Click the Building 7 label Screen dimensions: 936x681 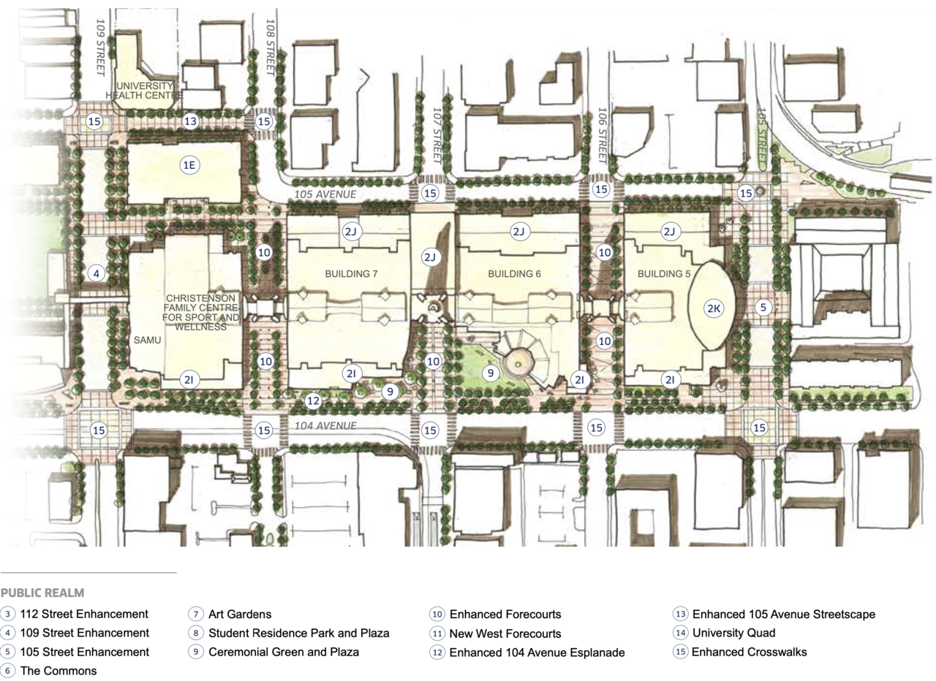pos(351,274)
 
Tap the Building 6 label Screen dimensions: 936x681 pos(514,274)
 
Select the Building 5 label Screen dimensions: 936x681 pos(663,274)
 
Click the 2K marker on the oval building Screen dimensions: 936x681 pos(713,308)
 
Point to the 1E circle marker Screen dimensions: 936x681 pos(189,165)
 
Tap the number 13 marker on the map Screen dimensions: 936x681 pos(190,121)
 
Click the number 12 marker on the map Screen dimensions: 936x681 pos(313,401)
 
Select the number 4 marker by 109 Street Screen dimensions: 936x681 pos(97,274)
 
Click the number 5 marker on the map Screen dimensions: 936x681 pos(763,308)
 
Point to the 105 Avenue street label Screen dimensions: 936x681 pos(325,194)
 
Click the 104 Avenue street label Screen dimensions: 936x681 pos(325,425)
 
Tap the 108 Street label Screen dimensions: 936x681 pos(270,47)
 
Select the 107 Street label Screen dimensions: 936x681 pos(437,135)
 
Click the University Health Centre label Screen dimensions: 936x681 pos(144,91)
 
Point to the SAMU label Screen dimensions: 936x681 pos(147,340)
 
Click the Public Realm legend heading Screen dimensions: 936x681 pos(42,593)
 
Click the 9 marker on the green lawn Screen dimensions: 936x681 pos(491,373)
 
